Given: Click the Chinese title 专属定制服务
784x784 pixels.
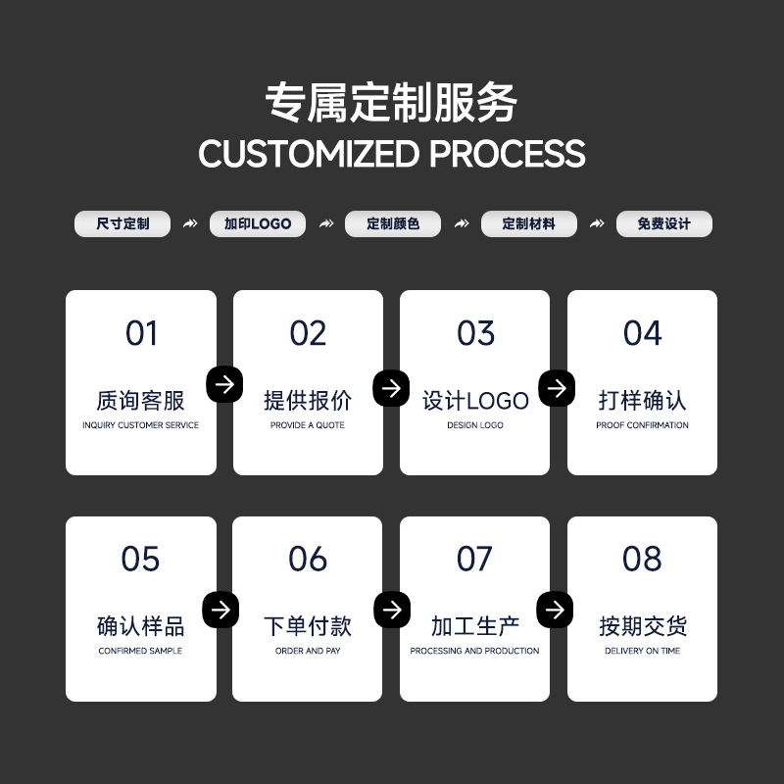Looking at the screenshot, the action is tap(392, 103).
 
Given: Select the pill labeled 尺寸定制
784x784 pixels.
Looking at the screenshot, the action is tap(122, 224).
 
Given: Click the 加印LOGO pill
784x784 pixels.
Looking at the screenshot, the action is tap(258, 224).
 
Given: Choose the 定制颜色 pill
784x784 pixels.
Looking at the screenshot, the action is tap(393, 224).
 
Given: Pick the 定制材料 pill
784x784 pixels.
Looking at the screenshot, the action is tap(528, 224).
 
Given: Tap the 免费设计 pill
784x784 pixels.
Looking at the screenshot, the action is tap(663, 224).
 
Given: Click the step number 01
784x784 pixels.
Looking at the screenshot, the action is tap(141, 334).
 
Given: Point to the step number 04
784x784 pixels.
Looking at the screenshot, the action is tap(642, 334).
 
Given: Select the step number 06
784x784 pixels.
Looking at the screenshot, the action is tap(308, 560).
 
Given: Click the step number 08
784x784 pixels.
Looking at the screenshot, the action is tap(642, 560).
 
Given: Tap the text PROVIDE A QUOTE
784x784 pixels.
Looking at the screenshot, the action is tap(308, 425).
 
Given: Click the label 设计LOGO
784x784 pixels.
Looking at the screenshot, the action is tap(475, 401).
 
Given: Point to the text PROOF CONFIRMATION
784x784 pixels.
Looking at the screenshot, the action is tap(642, 425).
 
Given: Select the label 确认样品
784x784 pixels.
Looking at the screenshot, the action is tap(141, 626).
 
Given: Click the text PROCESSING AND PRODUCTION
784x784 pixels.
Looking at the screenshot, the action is tap(475, 651).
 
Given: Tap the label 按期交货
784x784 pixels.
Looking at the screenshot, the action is tap(642, 626).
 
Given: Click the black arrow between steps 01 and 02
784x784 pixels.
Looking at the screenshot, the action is tap(224, 385).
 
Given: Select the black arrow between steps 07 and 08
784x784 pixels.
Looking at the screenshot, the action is tap(555, 611).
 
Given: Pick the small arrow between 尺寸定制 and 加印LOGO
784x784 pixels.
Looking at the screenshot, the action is tap(190, 224).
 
